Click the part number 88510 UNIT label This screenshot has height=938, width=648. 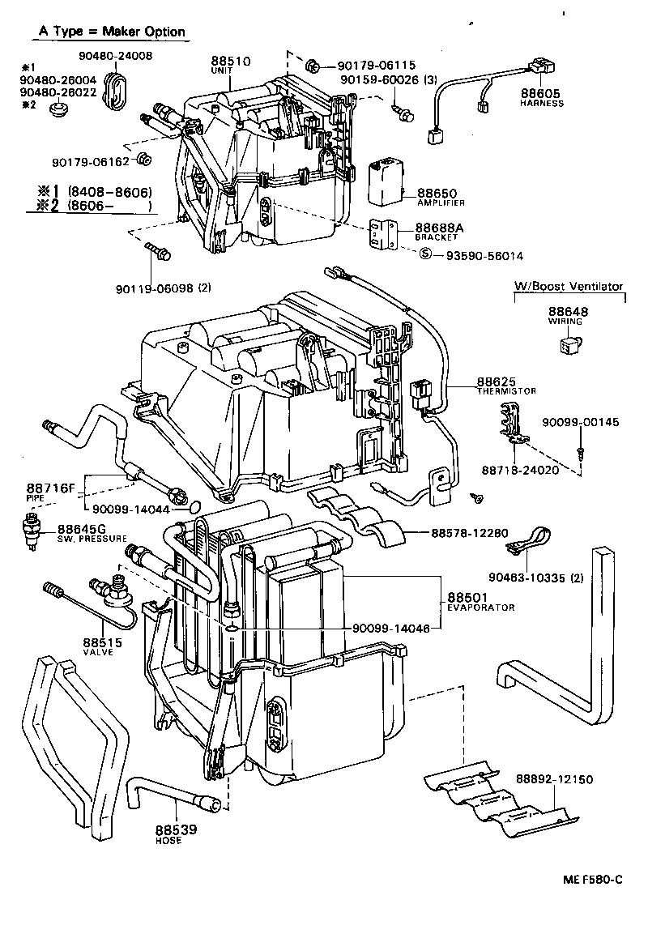230,65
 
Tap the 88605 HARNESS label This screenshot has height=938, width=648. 542,98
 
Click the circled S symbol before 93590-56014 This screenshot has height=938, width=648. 424,255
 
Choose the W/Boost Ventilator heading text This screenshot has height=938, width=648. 569,286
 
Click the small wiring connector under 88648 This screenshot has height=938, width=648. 567,346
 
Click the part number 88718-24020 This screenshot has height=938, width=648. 519,470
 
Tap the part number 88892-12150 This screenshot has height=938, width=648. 555,779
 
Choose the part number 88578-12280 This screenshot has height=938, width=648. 470,533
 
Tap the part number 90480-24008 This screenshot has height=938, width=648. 116,56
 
